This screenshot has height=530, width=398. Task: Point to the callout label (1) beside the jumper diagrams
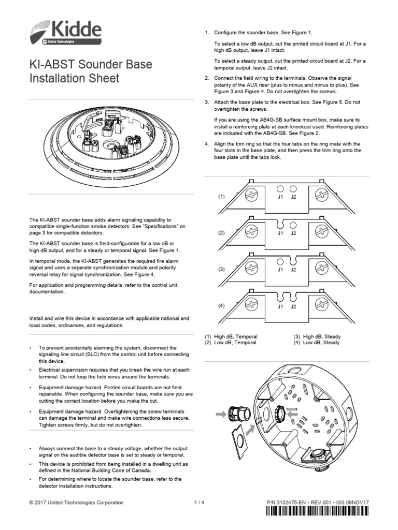pos(221,197)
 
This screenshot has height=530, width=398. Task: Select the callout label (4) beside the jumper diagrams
pos(221,305)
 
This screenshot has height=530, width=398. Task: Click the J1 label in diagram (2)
pos(280,233)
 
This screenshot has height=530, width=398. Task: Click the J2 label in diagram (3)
pos(293,270)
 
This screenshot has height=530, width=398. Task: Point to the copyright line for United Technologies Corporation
pos(77,503)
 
